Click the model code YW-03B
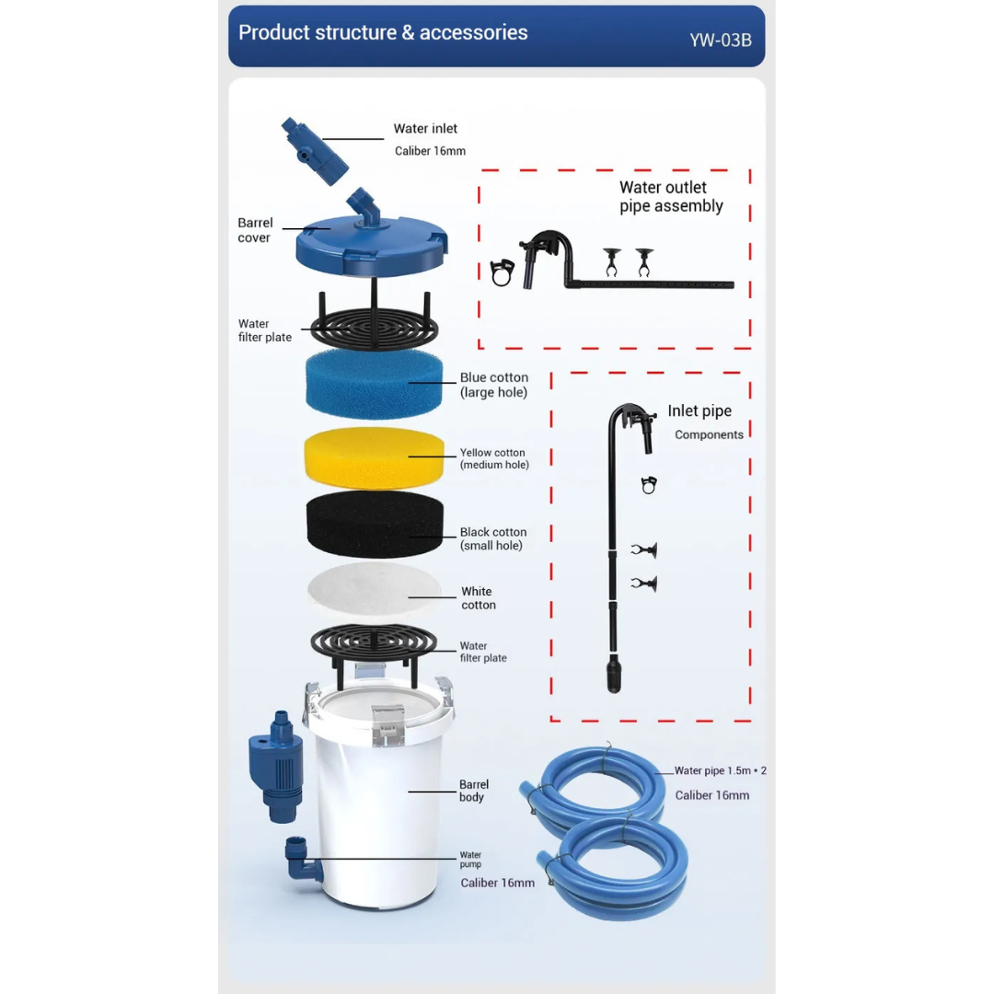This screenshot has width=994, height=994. (720, 40)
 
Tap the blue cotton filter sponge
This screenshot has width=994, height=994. (374, 384)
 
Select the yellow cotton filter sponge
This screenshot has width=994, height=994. (374, 457)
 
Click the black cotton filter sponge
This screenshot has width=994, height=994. (375, 525)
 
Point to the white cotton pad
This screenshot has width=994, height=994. (374, 590)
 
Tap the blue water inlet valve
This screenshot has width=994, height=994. (315, 151)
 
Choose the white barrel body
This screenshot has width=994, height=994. (378, 792)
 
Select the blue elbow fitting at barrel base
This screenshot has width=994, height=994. (302, 860)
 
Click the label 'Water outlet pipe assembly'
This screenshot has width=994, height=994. (671, 197)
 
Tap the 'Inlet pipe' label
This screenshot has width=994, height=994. (699, 410)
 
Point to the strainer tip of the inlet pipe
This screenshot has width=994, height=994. (614, 674)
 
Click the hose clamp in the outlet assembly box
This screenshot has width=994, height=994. (502, 272)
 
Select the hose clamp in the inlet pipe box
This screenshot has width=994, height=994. (649, 485)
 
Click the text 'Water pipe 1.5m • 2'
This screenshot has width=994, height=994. (720, 770)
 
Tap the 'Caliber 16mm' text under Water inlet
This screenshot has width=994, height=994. (430, 151)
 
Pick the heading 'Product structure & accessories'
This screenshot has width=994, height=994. (383, 32)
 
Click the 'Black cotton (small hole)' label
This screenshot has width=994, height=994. (493, 538)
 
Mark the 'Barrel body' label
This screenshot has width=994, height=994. (474, 791)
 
